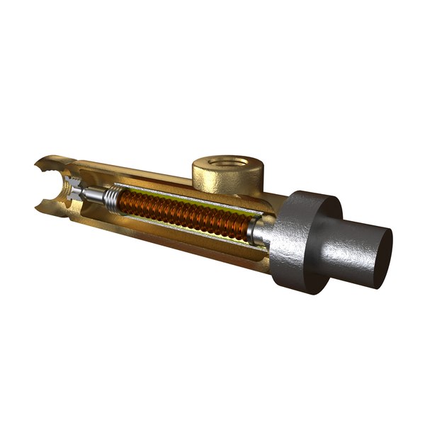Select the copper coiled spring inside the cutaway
tap(184, 212)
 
